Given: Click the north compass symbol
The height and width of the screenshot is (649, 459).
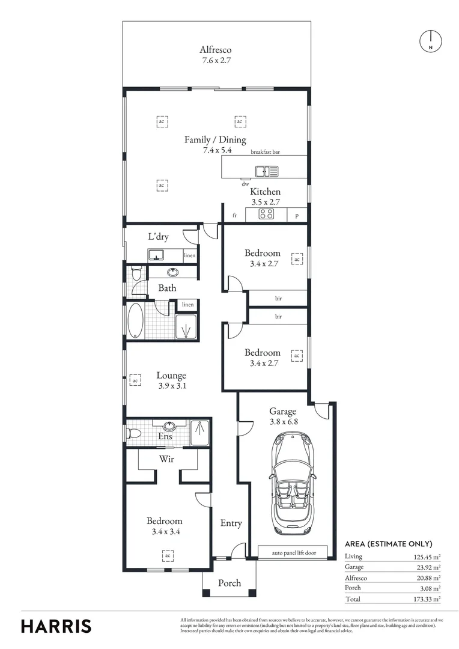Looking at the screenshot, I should coord(430,40).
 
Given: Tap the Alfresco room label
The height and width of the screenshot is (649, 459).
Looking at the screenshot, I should coord(216,50).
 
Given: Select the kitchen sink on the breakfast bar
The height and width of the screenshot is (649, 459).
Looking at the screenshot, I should coord(267,172).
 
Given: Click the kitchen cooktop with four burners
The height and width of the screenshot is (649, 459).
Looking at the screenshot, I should coord(267,215).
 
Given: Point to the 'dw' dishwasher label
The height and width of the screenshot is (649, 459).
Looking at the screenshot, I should coord(245,184).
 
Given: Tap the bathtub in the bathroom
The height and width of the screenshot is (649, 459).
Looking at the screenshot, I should coord(136,321).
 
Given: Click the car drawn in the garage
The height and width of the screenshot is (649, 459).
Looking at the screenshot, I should coord(291,484).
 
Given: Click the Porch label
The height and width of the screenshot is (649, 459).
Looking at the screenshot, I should coord(229,583).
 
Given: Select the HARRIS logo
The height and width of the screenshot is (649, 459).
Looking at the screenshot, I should coord(56,626).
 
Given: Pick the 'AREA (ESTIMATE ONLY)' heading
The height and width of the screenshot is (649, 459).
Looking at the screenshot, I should coord(388,544).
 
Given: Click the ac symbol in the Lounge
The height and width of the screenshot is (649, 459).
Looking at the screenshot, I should coord(135,380).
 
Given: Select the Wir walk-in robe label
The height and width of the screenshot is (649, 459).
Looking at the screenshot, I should coord(167,459).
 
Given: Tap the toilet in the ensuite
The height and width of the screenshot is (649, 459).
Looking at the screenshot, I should coord(134,433).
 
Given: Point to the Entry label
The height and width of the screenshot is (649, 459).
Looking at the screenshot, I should coord(231,523).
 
